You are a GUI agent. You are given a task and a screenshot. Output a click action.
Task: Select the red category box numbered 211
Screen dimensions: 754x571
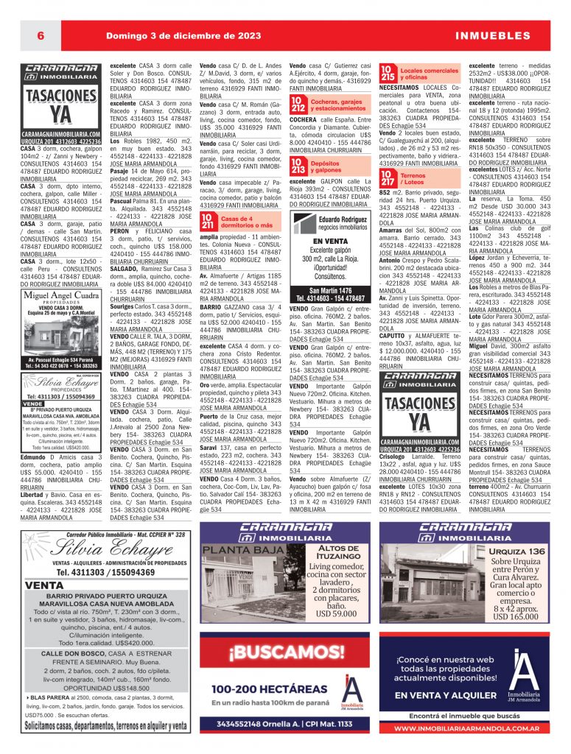pos(209,222)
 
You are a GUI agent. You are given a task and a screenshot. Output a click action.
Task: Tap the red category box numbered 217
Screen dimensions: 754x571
pos(388,177)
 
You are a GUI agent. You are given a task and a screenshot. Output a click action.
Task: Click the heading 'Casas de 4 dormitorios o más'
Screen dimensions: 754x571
pos(247,222)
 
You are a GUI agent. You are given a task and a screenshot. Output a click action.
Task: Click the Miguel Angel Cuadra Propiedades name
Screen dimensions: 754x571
pos(61,297)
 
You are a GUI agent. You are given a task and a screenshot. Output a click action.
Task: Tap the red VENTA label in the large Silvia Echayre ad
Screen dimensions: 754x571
pos(44,585)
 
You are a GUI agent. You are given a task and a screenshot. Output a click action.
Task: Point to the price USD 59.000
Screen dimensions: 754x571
pos(335,613)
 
